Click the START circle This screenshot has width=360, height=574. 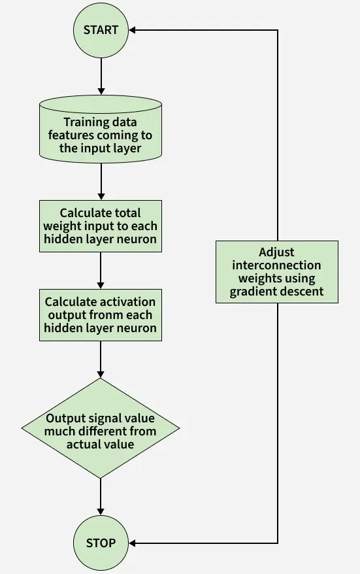click(x=101, y=30)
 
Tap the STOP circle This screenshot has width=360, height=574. click(x=101, y=543)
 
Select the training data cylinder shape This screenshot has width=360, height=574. click(x=101, y=129)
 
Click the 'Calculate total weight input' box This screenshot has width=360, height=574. click(x=101, y=226)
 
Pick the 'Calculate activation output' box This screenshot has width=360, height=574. click(x=101, y=315)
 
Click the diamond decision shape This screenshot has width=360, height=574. click(x=101, y=428)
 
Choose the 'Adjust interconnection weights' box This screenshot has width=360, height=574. click(x=277, y=271)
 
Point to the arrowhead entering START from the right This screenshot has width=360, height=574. click(x=133, y=30)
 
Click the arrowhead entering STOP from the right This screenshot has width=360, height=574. click(x=133, y=543)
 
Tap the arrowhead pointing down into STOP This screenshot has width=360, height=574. click(x=101, y=511)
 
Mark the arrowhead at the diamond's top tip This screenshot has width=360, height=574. click(x=101, y=374)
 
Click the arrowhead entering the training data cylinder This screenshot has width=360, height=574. click(x=101, y=91)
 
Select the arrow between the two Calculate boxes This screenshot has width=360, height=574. click(x=101, y=271)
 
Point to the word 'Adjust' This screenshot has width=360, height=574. click(x=276, y=252)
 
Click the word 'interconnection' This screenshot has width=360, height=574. click(x=276, y=265)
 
